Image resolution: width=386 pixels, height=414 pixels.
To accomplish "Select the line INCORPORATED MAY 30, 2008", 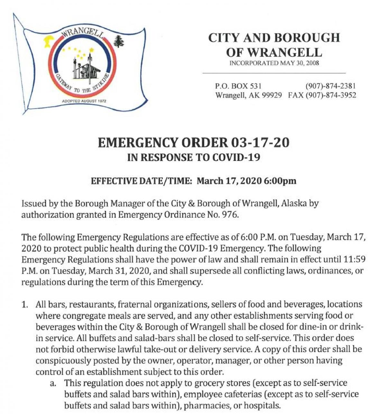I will pyautogui.click(x=274, y=63).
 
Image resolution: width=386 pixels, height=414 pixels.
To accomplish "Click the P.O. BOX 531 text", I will pyautogui.click(x=238, y=86).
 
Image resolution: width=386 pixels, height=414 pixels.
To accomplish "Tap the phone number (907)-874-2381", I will pyautogui.click(x=330, y=86).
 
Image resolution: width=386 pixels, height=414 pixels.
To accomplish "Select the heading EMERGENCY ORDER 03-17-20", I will pyautogui.click(x=193, y=143).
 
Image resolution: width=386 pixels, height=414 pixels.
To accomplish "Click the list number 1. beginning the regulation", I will pyautogui.click(x=25, y=304).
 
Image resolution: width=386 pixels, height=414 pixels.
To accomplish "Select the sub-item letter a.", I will pyautogui.click(x=53, y=383).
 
